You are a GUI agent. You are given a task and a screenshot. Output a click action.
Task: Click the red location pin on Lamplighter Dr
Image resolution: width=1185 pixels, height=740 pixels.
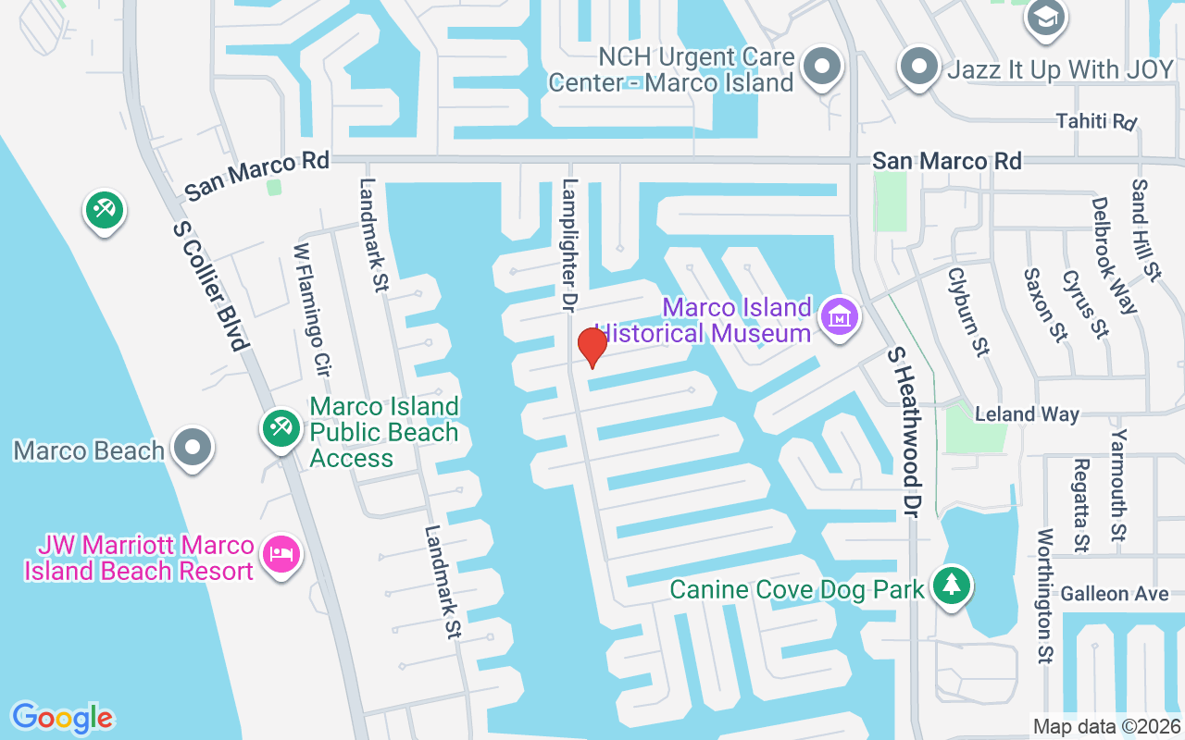pos(592,346)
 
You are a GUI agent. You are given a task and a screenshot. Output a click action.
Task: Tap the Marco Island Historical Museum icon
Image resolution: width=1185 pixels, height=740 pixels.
pos(840,317)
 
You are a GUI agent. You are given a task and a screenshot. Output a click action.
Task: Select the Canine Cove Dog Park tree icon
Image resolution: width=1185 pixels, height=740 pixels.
pos(951,585)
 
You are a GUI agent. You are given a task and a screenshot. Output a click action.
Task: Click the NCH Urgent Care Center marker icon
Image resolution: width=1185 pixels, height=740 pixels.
pos(820,67)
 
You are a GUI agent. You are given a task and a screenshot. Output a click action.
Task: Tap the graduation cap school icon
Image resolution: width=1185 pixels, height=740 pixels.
pos(1047,17)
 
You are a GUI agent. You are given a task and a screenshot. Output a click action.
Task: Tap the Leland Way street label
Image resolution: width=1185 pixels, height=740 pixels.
pos(1028,413)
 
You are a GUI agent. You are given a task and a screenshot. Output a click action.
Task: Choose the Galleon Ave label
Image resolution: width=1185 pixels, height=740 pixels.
pos(1115,594)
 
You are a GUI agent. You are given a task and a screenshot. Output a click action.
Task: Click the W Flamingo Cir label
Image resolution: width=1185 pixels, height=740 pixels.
pos(312,310)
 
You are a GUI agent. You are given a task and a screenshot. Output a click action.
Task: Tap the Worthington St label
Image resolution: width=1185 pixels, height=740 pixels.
pos(1046,597)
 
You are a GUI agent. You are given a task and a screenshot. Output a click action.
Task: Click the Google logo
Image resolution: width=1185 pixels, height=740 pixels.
pos(62,718)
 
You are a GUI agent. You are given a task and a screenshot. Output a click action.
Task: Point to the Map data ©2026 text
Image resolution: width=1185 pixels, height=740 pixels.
pos(1107,726)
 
